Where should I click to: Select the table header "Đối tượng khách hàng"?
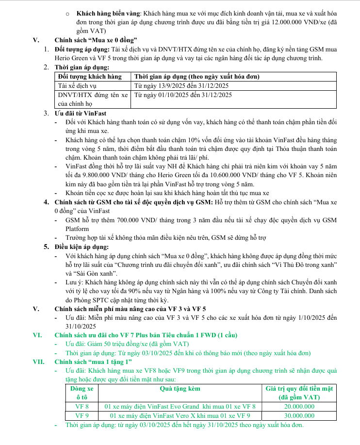(x=90, y=76)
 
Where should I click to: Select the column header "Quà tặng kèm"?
(x=180, y=389)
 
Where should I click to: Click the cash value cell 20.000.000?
(x=299, y=407)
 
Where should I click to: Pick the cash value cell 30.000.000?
(x=299, y=416)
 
